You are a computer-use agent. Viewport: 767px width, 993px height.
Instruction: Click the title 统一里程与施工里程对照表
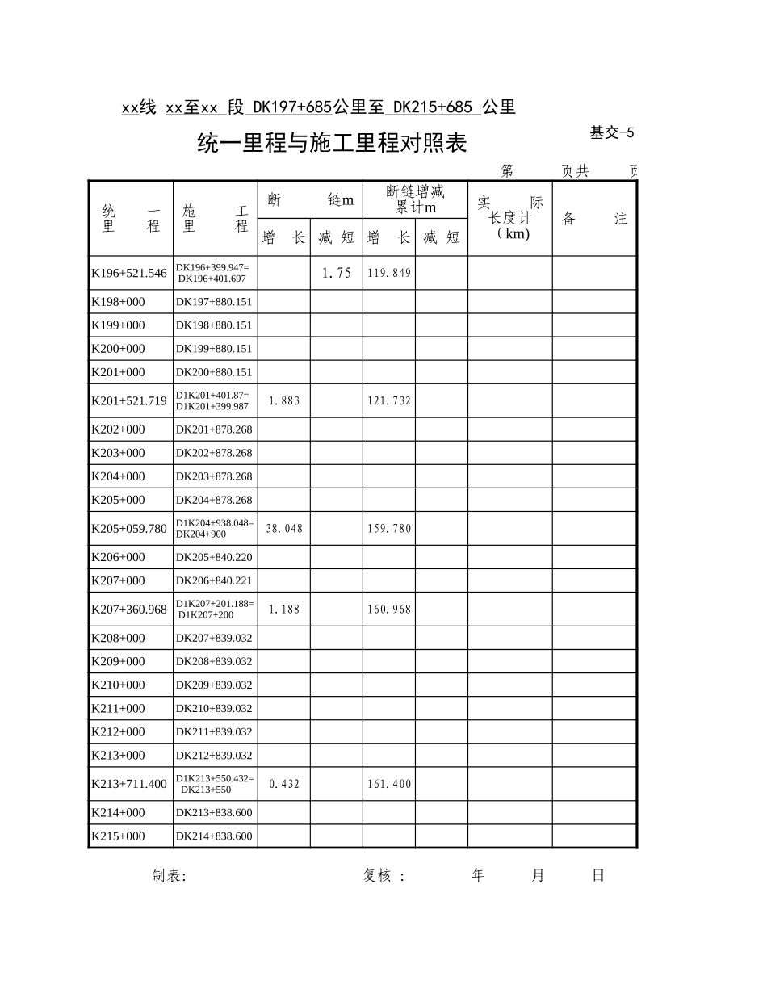[332, 145]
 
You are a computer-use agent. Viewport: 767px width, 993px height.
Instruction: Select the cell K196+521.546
[129, 273]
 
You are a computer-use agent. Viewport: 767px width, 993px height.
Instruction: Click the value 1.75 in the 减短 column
[336, 273]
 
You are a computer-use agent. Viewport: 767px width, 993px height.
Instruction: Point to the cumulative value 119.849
[389, 273]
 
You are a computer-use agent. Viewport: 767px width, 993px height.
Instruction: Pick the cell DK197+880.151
[214, 302]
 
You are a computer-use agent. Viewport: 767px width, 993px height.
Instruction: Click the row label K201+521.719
[129, 401]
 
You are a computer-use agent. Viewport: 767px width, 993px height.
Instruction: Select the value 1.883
[283, 401]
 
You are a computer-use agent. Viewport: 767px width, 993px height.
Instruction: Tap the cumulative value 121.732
[389, 401]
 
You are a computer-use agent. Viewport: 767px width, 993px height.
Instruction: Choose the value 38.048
[283, 529]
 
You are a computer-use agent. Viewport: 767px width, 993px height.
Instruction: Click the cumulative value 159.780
[389, 529]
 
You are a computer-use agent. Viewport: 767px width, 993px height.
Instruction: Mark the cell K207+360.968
[129, 610]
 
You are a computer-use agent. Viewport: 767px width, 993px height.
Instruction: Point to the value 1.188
[283, 610]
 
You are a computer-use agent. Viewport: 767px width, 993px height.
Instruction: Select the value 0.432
[283, 784]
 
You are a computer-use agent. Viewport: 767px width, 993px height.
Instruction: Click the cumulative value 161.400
[389, 784]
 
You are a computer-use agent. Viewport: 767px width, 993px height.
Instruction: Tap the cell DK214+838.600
[214, 836]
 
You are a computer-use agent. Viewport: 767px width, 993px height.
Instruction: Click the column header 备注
[594, 219]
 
